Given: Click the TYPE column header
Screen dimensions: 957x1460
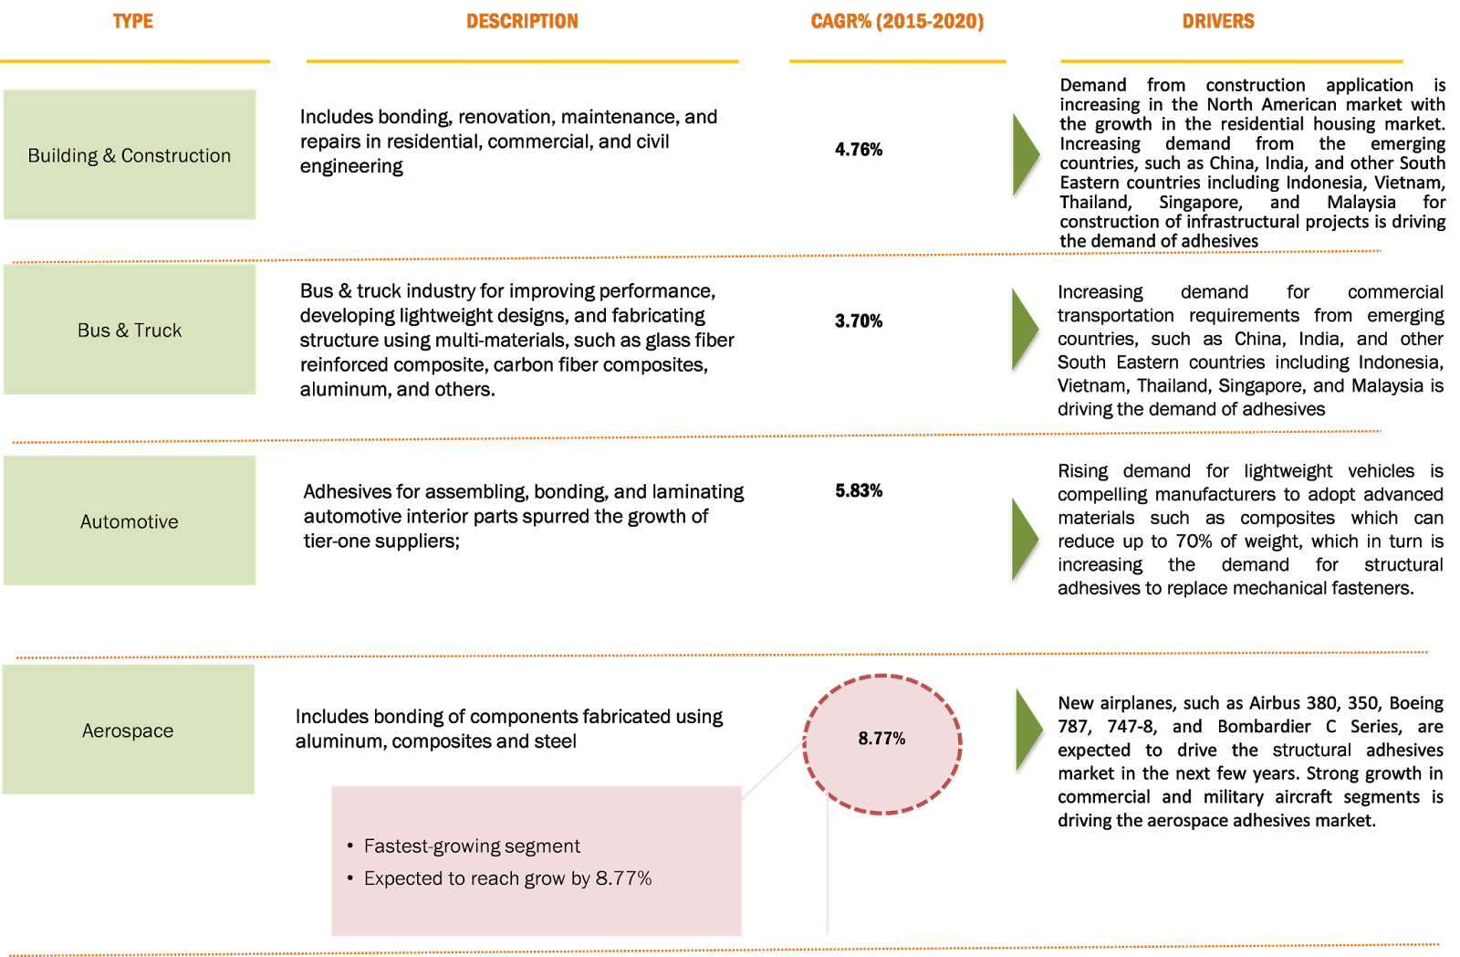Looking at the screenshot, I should coord(133,21).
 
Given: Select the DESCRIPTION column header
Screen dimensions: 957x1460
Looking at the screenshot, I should coord(522,21).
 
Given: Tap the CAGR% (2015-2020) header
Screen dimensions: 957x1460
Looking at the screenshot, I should coord(897,21).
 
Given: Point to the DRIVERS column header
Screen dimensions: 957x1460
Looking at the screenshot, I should coord(1217,21).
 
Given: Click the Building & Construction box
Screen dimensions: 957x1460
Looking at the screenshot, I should coord(130,154).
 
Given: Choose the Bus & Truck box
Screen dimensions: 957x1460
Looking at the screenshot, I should coord(130,330).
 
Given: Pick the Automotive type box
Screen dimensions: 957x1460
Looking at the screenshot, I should coord(130,521).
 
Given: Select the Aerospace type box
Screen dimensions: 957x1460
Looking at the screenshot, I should coord(128,730).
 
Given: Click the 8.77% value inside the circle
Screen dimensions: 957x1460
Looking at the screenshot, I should coord(881,738).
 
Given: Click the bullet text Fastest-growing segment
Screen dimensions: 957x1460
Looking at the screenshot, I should coord(472,847).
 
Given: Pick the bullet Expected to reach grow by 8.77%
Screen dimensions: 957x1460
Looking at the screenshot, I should coord(507,878).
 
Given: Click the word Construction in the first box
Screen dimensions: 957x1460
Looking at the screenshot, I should coord(176,155).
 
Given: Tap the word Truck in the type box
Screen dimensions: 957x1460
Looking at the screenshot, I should coord(158,331).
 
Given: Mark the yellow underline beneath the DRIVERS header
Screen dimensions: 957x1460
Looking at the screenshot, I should coord(1232,61).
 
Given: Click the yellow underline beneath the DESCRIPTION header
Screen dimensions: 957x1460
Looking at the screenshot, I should coord(522,61).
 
